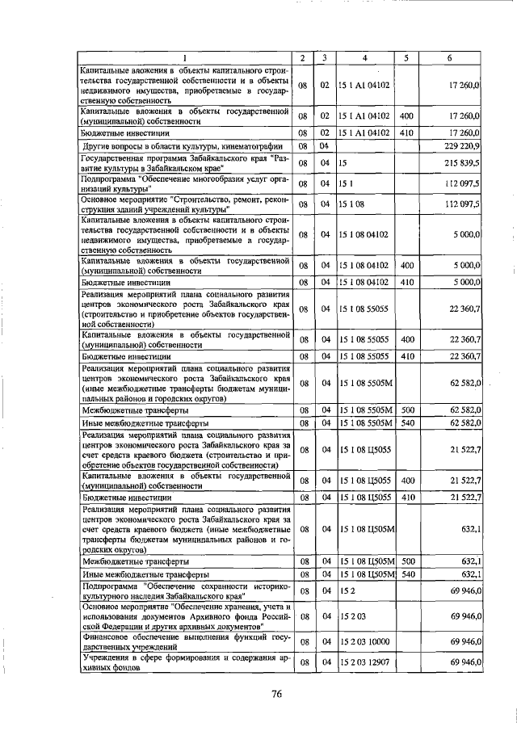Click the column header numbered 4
tap(364, 58)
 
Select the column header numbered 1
tap(184, 58)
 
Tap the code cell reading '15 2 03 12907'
tap(364, 662)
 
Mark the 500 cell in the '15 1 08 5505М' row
tap(407, 410)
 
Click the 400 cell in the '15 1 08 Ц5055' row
tap(407, 481)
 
